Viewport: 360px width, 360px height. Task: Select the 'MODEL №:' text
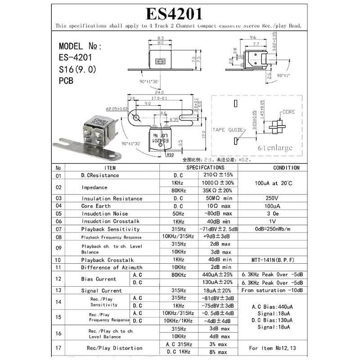pyautogui.click(x=81, y=46)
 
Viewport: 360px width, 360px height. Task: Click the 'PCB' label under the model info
pyautogui.click(x=66, y=81)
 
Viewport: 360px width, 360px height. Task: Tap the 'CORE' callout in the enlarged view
pyautogui.click(x=288, y=112)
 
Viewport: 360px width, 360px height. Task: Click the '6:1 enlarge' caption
pyautogui.click(x=275, y=148)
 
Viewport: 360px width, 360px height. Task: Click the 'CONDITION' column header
pyautogui.click(x=286, y=168)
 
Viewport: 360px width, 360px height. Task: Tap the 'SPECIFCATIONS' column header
pyautogui.click(x=199, y=168)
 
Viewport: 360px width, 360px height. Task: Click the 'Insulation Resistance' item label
pyautogui.click(x=112, y=198)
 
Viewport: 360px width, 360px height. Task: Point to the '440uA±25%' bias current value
pyautogui.click(x=218, y=274)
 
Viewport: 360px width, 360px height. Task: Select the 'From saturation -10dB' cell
pyautogui.click(x=272, y=290)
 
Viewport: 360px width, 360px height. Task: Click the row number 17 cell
pyautogui.click(x=58, y=347)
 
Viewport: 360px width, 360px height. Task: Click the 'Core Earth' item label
pyautogui.click(x=96, y=206)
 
